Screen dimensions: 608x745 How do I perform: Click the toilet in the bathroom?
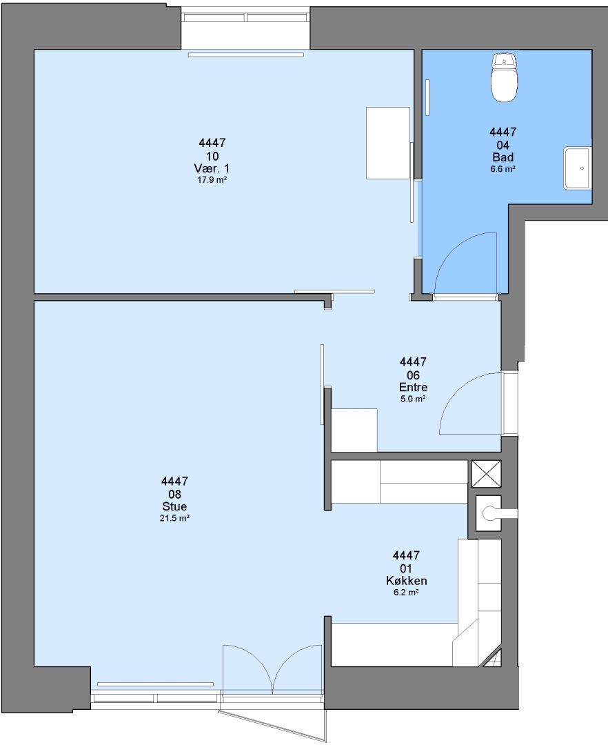pyautogui.click(x=504, y=78)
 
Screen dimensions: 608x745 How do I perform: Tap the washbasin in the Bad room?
pyautogui.click(x=578, y=168)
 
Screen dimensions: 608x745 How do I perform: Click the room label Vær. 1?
pyautogui.click(x=212, y=169)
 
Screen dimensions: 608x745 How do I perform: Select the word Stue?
pyautogui.click(x=174, y=506)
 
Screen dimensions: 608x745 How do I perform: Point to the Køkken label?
pyautogui.click(x=406, y=581)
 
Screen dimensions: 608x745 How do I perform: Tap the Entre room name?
pyautogui.click(x=413, y=387)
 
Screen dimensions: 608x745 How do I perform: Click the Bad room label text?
pyautogui.click(x=503, y=157)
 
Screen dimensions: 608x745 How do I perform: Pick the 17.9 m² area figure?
pyautogui.click(x=212, y=180)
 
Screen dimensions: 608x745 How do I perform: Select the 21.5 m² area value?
pyautogui.click(x=174, y=518)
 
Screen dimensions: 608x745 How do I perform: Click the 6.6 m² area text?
pyautogui.click(x=503, y=169)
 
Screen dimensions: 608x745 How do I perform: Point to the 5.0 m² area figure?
pyautogui.click(x=413, y=399)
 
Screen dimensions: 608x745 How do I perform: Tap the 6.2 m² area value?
pyautogui.click(x=406, y=593)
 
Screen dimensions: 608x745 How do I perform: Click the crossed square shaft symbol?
pyautogui.click(x=485, y=474)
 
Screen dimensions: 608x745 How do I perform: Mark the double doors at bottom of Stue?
pyautogui.click(x=272, y=668)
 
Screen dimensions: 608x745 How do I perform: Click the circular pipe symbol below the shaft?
pyautogui.click(x=488, y=513)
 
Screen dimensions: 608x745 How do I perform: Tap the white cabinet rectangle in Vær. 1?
pyautogui.click(x=388, y=143)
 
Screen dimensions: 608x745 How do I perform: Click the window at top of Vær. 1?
pyautogui.click(x=246, y=17)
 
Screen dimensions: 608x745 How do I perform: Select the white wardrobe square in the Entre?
pyautogui.click(x=354, y=430)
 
